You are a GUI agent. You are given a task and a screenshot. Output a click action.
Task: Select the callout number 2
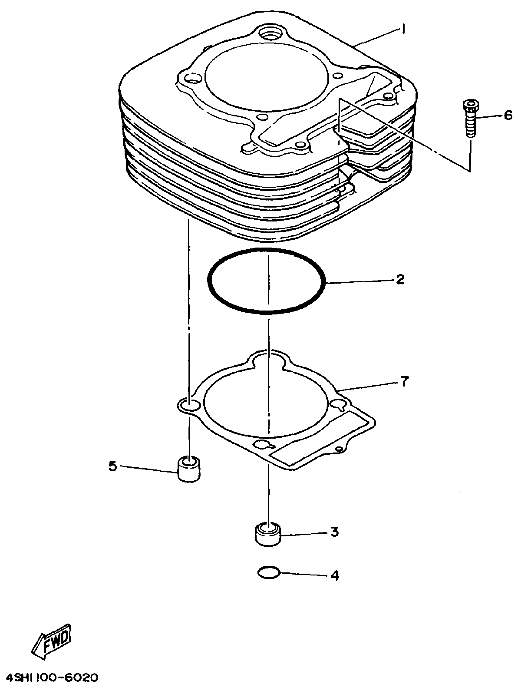pyautogui.click(x=400, y=279)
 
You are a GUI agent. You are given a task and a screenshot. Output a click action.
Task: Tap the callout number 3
pyautogui.click(x=335, y=532)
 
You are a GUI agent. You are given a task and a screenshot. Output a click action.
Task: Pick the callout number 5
pyautogui.click(x=112, y=466)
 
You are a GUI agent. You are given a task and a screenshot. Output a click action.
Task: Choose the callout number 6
pyautogui.click(x=508, y=115)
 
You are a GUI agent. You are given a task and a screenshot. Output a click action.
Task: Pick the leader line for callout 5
pyautogui.click(x=148, y=469)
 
